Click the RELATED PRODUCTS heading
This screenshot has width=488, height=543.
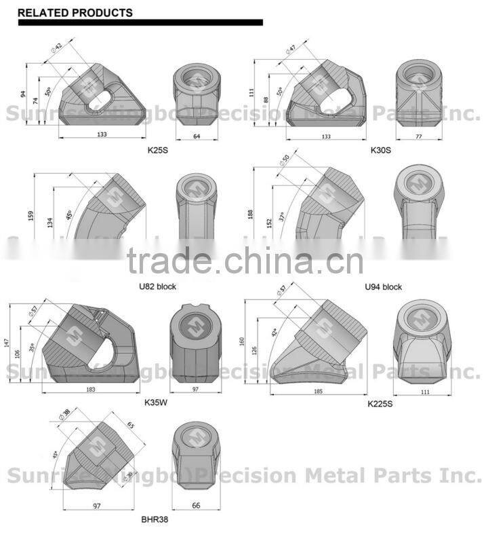[75, 13]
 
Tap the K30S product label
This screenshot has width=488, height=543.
[380, 149]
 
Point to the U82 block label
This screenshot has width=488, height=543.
[157, 286]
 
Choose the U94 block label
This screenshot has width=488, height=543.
[383, 286]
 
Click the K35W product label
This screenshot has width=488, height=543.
[155, 402]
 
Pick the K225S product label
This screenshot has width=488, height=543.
[380, 404]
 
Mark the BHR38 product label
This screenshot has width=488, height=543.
[155, 519]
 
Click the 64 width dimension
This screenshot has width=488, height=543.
[197, 136]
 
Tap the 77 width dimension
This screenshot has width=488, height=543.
[418, 137]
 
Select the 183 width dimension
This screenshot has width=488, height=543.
[91, 390]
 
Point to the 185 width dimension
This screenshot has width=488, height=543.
[318, 392]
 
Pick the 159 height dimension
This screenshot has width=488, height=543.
[30, 215]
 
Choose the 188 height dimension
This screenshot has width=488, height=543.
[251, 214]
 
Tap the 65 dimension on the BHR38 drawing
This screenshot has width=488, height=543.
[131, 426]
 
